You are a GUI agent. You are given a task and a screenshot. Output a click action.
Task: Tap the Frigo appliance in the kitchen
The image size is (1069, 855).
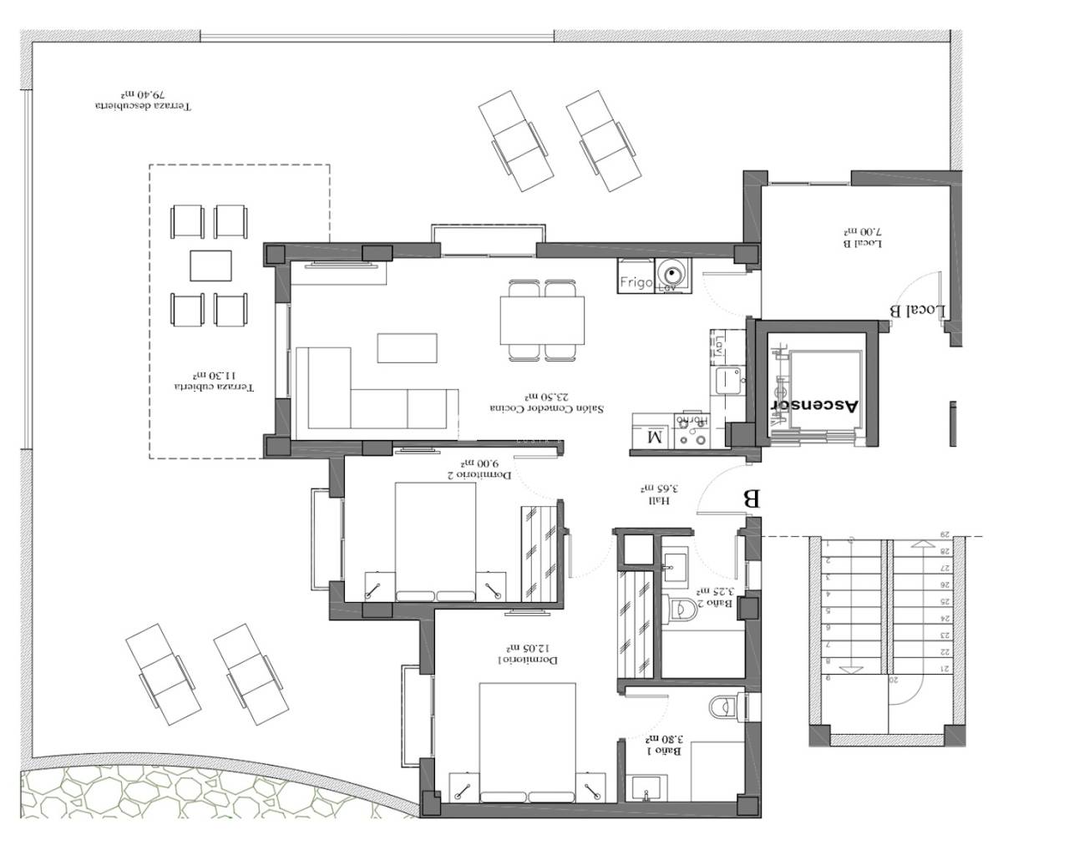[636, 282]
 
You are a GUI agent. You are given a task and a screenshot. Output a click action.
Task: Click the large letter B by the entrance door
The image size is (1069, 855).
[751, 499]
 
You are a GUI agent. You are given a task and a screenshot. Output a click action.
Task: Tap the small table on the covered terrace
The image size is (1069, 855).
[210, 266]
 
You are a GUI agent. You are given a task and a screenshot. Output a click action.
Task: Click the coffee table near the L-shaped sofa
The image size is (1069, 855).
[407, 347]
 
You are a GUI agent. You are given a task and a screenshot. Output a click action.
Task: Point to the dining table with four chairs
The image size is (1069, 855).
[541, 321]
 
